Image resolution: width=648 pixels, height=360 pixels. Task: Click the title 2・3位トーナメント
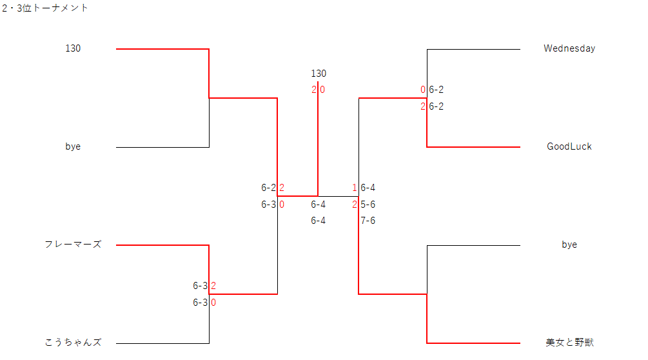tap(45, 8)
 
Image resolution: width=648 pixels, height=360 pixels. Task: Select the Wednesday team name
tap(569, 48)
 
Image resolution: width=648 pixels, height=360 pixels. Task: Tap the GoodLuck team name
tap(569, 146)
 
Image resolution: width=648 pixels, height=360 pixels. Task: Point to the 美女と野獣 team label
tap(569, 343)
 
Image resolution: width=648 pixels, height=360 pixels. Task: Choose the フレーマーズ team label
tap(73, 245)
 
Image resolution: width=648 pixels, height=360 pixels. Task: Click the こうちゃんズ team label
tap(73, 343)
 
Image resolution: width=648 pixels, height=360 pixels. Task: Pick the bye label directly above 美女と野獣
tap(569, 245)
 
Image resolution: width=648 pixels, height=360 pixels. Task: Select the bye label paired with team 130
tap(73, 146)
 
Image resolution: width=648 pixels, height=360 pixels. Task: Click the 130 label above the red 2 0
tap(319, 74)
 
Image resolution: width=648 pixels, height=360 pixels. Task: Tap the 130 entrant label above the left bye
tap(73, 48)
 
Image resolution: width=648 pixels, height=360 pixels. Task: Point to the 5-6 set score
tap(368, 205)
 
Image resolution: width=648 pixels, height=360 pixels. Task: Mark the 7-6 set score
tap(368, 221)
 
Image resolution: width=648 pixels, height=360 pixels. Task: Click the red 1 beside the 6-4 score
tap(355, 188)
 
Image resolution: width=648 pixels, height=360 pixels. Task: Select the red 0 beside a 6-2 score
tap(423, 90)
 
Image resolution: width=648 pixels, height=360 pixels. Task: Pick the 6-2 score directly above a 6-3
tap(268, 188)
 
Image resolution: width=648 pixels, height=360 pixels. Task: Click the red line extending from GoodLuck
tap(473, 147)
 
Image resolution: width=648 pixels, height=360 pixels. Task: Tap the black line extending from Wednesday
tap(473, 49)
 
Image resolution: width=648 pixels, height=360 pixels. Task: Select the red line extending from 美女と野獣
tap(473, 343)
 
